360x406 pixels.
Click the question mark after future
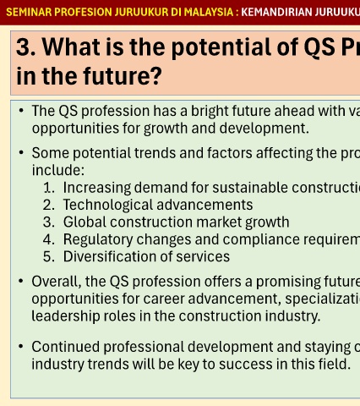[x=155, y=75]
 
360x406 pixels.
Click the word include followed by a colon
[x=58, y=170]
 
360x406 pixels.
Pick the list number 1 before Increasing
[x=48, y=188]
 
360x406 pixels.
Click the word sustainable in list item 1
[x=250, y=188]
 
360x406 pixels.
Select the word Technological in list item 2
[x=108, y=205]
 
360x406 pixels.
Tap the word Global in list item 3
[x=85, y=222]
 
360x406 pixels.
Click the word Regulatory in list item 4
[x=98, y=239]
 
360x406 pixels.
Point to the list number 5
[x=48, y=256]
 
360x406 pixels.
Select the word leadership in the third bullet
[x=66, y=316]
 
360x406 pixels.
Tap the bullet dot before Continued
[x=20, y=347]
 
